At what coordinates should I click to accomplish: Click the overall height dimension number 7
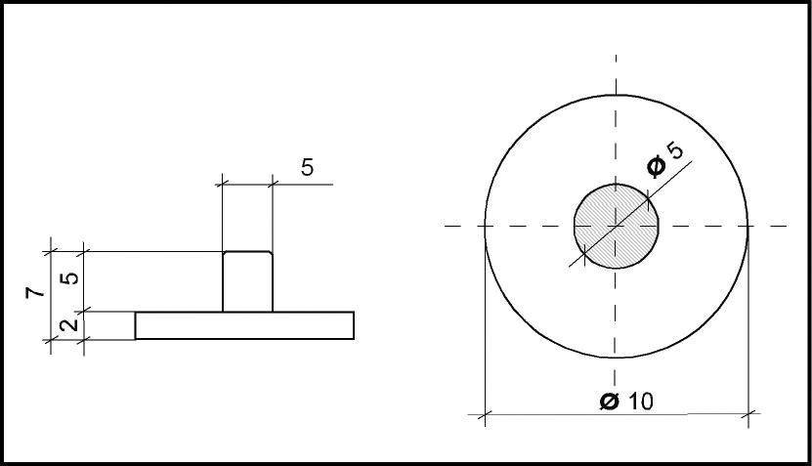[35, 292]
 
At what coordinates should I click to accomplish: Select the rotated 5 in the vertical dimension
[69, 278]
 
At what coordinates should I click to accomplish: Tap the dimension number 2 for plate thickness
[68, 324]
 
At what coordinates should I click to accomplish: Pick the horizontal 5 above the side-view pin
[307, 168]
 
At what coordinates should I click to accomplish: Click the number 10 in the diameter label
[642, 402]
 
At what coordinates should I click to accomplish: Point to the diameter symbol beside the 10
[610, 402]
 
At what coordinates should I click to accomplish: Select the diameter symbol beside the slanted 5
[657, 166]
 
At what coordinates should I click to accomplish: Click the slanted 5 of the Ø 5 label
[675, 150]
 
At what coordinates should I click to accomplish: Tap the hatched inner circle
[617, 227]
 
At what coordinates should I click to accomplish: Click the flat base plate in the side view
[244, 325]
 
